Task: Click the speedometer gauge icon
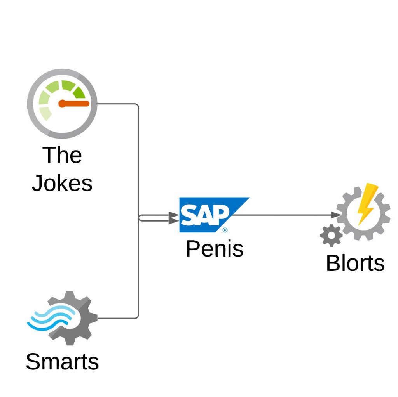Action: (62, 104)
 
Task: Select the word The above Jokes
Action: (62, 155)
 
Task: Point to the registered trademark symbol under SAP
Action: (225, 230)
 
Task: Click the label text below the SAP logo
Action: (215, 249)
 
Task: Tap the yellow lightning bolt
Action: (367, 204)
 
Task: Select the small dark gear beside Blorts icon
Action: (331, 235)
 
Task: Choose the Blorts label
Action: (355, 263)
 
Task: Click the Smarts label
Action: (62, 362)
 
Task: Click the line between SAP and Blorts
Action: (284, 215)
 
